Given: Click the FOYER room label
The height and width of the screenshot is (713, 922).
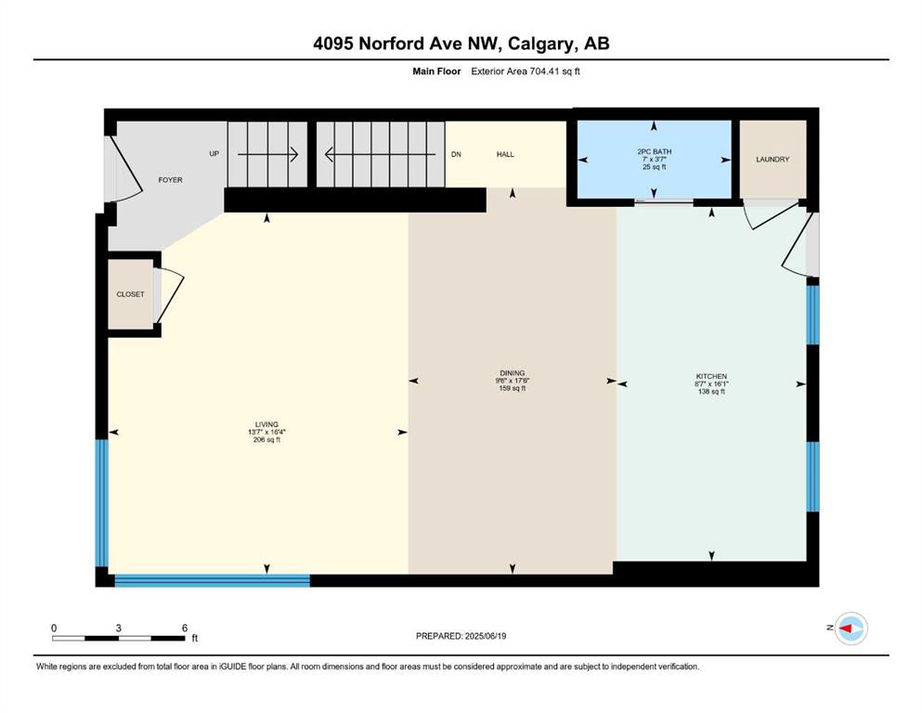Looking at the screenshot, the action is point(170,180).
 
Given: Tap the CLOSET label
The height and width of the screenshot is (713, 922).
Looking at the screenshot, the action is point(130,294).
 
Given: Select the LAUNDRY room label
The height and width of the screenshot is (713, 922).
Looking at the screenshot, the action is point(773,160).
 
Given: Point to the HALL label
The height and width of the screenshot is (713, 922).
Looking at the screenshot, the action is point(505,154).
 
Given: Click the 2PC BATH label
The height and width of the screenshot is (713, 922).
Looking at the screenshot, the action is point(654,151).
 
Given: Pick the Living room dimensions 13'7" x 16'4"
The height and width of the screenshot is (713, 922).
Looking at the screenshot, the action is point(266,432).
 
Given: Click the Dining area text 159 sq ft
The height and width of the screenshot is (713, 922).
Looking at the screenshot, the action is point(513,388).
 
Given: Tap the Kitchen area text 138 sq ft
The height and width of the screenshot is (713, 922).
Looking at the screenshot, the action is point(711,392).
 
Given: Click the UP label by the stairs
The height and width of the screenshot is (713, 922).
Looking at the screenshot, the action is point(214,153).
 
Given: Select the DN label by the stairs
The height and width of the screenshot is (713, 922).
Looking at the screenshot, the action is point(456,154).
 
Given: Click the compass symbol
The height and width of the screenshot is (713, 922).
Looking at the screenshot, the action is point(851,629).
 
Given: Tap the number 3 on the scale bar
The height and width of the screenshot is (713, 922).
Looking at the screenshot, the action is point(118,628).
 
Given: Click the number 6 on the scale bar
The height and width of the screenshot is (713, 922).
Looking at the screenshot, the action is point(185,628).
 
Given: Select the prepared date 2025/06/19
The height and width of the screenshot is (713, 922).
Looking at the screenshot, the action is point(485,636).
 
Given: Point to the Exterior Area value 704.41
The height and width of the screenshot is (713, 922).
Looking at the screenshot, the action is point(543,71).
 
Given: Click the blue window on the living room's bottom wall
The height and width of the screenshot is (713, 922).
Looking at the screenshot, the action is point(213,580).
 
